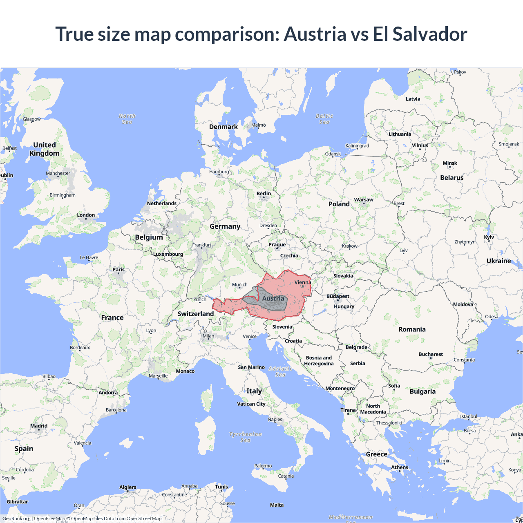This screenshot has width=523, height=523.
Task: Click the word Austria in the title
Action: coord(315,34)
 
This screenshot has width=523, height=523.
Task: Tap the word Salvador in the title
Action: coord(430,34)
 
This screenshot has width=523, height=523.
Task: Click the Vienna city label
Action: coord(302,282)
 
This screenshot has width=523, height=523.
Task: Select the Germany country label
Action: coord(225,226)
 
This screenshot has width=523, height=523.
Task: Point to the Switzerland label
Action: coord(195,314)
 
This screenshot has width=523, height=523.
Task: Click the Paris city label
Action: coord(118,269)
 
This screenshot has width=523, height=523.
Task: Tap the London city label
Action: coord(86,215)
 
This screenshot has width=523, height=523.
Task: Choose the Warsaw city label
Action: coord(364,200)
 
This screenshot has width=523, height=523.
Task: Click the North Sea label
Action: coord(127,119)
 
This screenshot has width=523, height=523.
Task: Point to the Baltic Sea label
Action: coord(324,119)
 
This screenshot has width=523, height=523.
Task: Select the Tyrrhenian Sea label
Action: coord(245,437)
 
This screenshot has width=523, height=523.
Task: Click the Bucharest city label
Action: coord(431,354)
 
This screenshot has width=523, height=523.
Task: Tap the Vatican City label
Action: coord(251,404)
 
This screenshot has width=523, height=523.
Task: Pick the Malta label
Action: coord(277,505)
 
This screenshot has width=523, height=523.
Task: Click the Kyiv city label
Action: coord(489,237)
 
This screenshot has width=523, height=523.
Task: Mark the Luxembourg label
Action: coord(168,254)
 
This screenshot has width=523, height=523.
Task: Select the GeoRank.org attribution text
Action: coord(16,519)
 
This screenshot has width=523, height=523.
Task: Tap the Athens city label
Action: coord(400,467)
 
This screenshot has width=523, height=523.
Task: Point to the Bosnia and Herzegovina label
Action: coord(319,360)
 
